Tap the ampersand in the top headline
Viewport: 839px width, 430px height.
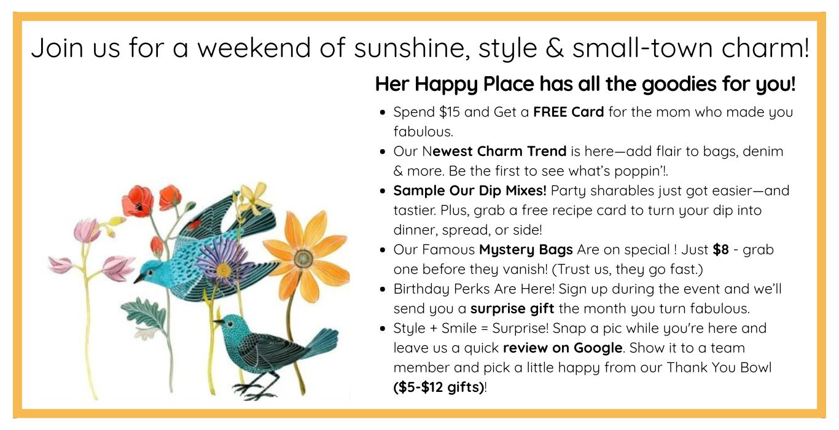click(x=555, y=47)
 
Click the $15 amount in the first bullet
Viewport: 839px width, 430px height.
click(x=450, y=112)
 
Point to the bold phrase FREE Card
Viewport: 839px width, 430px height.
click(x=568, y=112)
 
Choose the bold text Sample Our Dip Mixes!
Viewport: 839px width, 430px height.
click(x=470, y=190)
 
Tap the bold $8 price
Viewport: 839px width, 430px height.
click(x=720, y=249)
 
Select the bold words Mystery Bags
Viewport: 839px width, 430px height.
click(x=526, y=250)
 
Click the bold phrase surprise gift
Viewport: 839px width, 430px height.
click(x=512, y=309)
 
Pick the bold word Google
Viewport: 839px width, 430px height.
click(x=598, y=348)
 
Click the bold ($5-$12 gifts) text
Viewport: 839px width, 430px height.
click(x=439, y=387)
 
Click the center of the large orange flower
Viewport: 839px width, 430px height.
click(x=303, y=259)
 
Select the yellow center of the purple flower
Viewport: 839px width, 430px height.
click(x=224, y=269)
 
